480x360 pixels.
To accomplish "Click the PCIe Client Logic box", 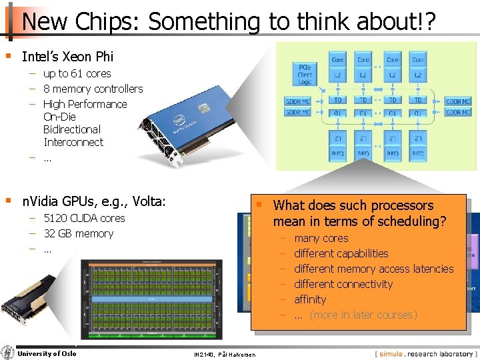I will click(305, 74).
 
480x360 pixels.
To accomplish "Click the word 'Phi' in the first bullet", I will click(103, 57).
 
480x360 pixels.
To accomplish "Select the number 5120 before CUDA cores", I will click(56, 218).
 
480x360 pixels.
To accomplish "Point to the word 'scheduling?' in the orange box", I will click(414, 221).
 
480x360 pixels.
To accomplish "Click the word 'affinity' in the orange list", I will click(310, 299).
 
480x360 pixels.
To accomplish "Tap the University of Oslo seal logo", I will click(7, 353).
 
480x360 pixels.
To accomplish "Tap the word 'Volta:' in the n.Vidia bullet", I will click(149, 201).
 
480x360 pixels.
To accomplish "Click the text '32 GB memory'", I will click(78, 233).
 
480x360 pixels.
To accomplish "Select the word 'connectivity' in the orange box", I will click(362, 284).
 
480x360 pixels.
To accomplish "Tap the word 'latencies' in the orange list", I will click(429, 269).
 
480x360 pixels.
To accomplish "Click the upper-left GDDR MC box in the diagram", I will click(297, 101).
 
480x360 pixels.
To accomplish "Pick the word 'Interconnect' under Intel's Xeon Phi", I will click(73, 142).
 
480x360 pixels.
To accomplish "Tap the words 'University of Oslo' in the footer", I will click(47, 353).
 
